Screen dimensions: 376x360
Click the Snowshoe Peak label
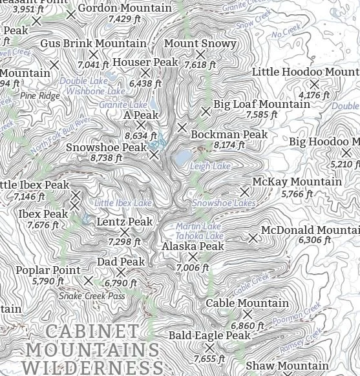tap(107, 148)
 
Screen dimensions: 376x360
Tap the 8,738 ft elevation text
tap(106, 158)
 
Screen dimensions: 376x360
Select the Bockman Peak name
tap(229, 135)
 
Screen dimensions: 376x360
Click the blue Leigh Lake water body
tap(183, 157)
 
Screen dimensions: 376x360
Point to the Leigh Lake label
tap(210, 167)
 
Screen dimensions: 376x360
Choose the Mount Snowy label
tap(200, 44)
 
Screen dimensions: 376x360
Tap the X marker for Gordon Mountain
tap(71, 14)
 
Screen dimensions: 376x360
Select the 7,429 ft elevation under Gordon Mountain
tap(124, 19)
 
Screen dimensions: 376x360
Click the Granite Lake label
tap(123, 105)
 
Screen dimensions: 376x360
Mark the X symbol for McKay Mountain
tap(245, 192)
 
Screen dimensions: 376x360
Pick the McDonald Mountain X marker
tap(253, 238)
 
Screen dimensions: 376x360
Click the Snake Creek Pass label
tap(92, 296)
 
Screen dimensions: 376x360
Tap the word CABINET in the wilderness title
tap(83, 331)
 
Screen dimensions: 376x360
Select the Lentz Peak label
tap(125, 222)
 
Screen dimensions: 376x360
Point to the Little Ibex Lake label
tap(123, 204)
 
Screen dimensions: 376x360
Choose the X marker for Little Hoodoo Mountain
tap(314, 84)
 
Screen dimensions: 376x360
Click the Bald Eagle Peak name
tap(209, 336)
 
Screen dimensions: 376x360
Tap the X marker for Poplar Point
tap(89, 280)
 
